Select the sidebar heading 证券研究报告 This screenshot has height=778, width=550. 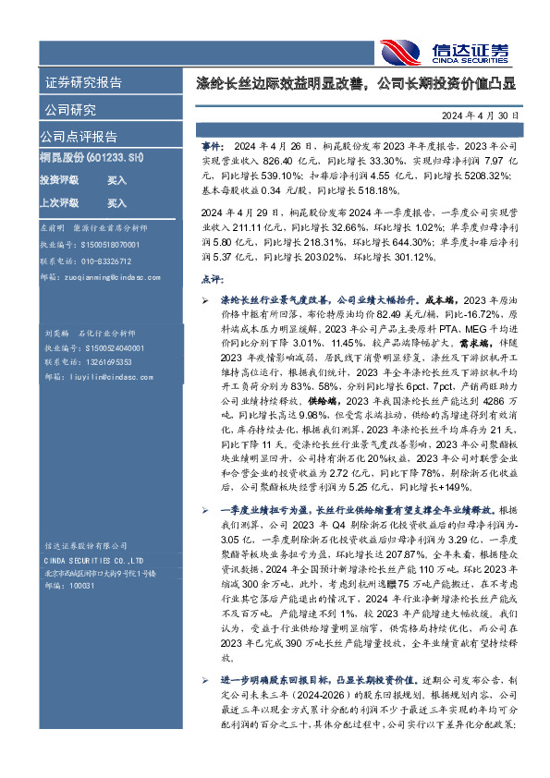click(83, 82)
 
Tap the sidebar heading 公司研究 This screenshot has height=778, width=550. click(70, 110)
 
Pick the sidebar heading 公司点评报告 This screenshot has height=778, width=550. click(79, 137)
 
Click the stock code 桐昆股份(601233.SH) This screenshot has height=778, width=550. click(91, 159)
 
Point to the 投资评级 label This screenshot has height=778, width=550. click(58, 181)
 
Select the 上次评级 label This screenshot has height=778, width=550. click(58, 203)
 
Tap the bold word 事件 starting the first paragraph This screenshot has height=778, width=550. click(212, 147)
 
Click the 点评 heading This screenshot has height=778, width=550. click(212, 278)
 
